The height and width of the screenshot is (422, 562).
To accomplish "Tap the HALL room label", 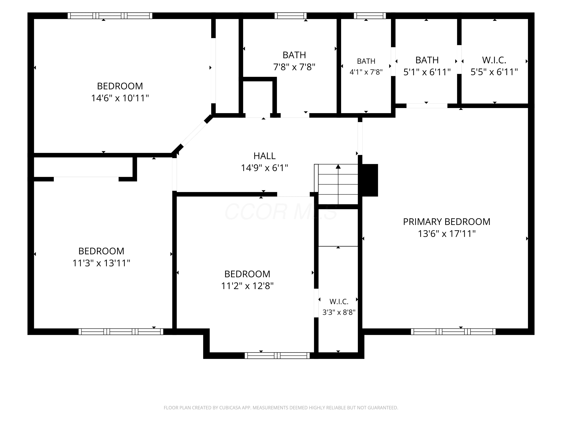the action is point(265,156).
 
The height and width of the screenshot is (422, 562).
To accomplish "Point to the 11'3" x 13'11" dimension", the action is point(101,263).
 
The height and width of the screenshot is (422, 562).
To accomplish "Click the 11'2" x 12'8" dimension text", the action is point(247,286).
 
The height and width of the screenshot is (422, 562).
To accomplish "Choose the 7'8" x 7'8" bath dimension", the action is point(294,67).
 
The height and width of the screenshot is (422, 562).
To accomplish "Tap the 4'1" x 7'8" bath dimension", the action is point(366,72).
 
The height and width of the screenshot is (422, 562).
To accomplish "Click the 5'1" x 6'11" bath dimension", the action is point(427,72).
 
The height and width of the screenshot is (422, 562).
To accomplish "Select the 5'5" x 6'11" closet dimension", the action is point(494,72).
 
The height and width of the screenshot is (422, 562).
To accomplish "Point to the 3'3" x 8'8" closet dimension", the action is point(339,312).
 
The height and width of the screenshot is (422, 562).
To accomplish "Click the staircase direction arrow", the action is point(338,184).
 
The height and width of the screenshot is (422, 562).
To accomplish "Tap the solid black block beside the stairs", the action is point(370,180).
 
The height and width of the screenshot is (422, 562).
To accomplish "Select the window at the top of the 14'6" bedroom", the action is point(110,16).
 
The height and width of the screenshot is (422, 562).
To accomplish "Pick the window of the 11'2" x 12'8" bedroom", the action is point(277,355).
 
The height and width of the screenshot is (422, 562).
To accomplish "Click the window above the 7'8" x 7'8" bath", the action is point(290,16).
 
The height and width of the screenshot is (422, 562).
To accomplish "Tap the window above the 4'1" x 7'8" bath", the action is point(370,16).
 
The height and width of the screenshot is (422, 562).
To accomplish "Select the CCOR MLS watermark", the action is point(281,211).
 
